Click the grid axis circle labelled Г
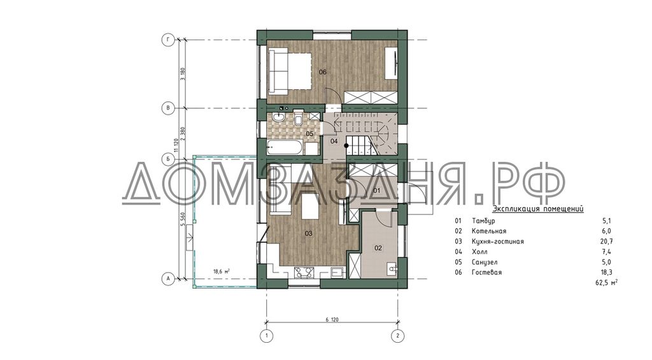point(167,40)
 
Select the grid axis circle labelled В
point(167,108)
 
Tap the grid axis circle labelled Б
point(167,159)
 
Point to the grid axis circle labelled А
point(167,279)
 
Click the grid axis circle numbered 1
point(266,335)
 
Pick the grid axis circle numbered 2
point(398,335)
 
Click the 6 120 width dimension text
point(332,320)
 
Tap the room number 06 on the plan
point(323,72)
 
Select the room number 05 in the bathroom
point(309,134)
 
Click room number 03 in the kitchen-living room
point(309,233)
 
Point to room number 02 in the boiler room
point(378,248)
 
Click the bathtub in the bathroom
point(285,147)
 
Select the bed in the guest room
point(290,71)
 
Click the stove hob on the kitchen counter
point(304,273)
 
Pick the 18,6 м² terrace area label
point(222,271)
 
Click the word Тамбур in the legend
point(484,220)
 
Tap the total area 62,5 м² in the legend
point(607,283)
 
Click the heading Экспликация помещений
point(537,209)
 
